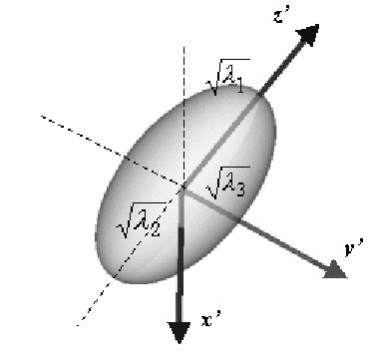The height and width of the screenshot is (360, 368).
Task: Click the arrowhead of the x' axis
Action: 180,329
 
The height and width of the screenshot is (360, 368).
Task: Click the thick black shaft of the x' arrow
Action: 181,259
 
